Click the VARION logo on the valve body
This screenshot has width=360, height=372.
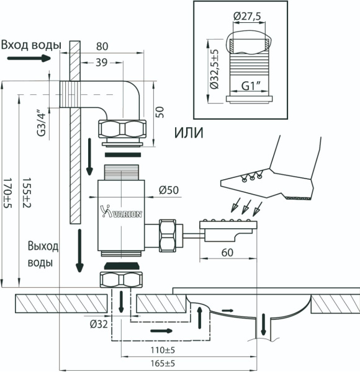coord(122,211)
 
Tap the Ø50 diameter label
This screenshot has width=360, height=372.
coord(169,190)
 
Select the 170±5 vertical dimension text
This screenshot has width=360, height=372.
coord(7,193)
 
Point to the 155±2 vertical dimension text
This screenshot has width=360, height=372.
coord(27,193)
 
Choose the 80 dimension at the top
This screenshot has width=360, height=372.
coord(102,46)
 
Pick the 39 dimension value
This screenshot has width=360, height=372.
coord(102,63)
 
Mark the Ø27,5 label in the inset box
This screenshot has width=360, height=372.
coord(247,16)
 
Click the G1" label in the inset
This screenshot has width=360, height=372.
coord(251,86)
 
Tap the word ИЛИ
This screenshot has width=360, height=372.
coord(189,133)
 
